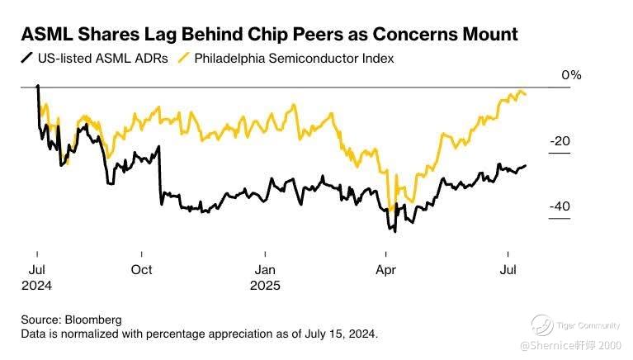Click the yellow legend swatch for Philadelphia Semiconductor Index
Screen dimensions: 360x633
point(183,59)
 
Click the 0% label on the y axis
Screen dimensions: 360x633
point(571,75)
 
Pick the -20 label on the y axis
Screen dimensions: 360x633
point(560,141)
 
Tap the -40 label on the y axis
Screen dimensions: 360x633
point(560,206)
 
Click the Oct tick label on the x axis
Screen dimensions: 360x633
point(142,270)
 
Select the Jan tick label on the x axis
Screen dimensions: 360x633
point(265,270)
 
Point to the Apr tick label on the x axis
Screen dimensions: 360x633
point(385,270)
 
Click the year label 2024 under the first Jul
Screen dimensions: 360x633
point(37,286)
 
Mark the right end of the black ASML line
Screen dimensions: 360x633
point(526,165)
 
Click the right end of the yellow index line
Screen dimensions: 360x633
point(527,95)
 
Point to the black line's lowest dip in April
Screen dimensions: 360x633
point(395,231)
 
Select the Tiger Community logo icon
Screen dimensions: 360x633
point(541,324)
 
